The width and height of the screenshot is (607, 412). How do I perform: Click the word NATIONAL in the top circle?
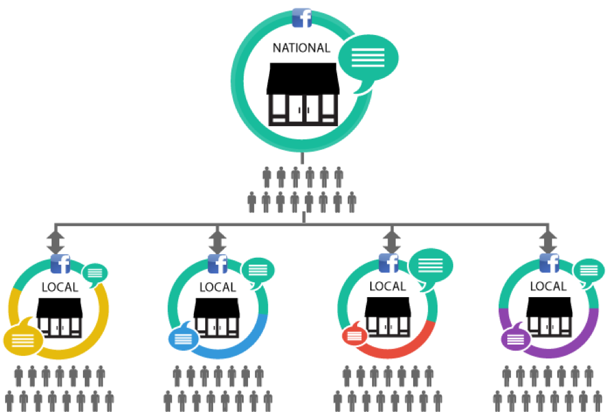302,47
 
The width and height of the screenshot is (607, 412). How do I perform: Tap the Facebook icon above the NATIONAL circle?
302,17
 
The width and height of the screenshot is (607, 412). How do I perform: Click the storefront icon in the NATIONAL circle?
302,94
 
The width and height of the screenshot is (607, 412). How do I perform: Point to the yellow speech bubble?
22,338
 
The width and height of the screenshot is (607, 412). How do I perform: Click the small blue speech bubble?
183,337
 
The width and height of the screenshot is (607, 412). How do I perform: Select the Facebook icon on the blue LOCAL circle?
217,265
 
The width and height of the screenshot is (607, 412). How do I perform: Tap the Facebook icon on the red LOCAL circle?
388,263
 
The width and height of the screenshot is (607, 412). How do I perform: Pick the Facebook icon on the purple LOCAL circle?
549,264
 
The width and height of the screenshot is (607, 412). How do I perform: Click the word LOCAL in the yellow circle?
60,288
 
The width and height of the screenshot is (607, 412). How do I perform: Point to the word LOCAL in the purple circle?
548,287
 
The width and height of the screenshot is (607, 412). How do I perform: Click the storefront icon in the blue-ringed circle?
217,316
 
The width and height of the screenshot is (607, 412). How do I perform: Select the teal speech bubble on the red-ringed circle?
431,265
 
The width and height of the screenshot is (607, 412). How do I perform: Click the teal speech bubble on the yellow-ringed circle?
95,273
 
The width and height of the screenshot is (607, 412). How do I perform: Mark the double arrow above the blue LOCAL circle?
217,239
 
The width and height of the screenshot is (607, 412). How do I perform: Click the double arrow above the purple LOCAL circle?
548,239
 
